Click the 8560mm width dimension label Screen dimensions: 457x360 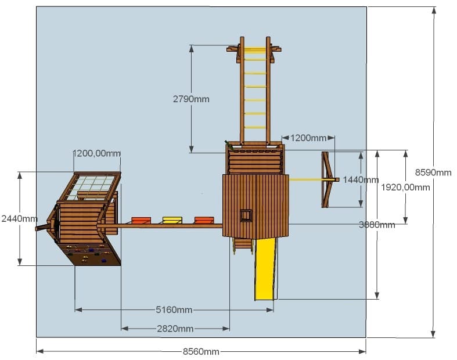[201, 351]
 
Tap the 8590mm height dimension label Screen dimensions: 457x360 [433, 172]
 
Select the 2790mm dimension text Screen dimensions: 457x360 [191, 99]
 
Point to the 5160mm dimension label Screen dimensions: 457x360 [174, 309]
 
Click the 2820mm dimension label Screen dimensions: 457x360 [175, 329]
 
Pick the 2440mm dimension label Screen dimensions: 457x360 [20, 218]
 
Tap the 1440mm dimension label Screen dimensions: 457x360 [361, 179]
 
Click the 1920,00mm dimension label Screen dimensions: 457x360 [405, 187]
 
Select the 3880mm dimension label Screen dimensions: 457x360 [377, 225]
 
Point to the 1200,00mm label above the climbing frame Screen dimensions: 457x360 [96, 153]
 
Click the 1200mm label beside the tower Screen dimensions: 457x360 [308, 138]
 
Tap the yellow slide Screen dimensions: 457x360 [265, 269]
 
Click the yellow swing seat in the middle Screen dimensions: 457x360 [172, 220]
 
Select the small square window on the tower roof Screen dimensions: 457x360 [246, 215]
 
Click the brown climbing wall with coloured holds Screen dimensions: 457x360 [91, 254]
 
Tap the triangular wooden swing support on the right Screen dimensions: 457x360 [328, 179]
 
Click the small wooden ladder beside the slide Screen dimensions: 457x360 [243, 245]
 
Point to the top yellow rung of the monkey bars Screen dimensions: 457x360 [255, 49]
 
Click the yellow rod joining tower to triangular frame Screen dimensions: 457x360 [306, 179]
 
